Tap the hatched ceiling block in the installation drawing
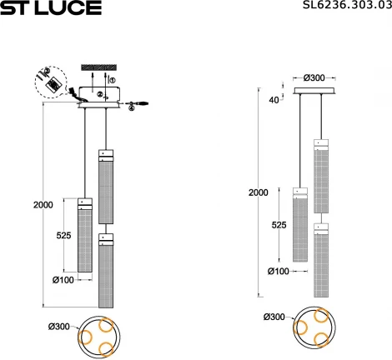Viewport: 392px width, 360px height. (x=98, y=67)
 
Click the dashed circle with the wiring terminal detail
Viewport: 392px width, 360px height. (x=52, y=85)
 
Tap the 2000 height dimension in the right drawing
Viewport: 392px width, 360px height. (x=259, y=192)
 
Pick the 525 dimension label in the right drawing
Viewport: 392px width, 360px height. (x=279, y=225)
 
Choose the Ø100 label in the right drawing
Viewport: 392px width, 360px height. (x=279, y=271)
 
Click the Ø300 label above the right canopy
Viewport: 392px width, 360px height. (x=314, y=77)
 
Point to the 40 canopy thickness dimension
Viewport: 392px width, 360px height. (x=274, y=101)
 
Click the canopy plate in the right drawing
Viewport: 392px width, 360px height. (x=314, y=91)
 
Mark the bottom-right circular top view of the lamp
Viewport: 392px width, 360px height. (x=314, y=327)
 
